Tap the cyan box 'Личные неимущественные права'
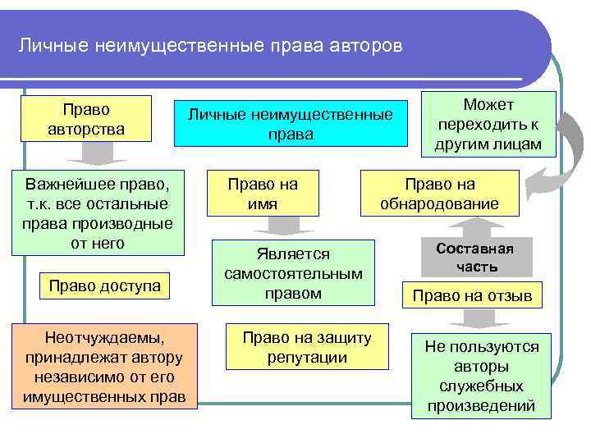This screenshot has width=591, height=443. click(x=291, y=124)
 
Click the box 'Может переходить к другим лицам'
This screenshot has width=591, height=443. click(x=489, y=125)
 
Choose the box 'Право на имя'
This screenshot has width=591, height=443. click(x=263, y=194)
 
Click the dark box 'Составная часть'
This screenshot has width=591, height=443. click(x=474, y=258)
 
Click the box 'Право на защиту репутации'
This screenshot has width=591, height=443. click(x=306, y=347)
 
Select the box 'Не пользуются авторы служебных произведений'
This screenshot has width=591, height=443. click(x=482, y=376)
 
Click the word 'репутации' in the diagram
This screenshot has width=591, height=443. click(x=306, y=357)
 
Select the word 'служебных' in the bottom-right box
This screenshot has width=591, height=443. click(x=482, y=386)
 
